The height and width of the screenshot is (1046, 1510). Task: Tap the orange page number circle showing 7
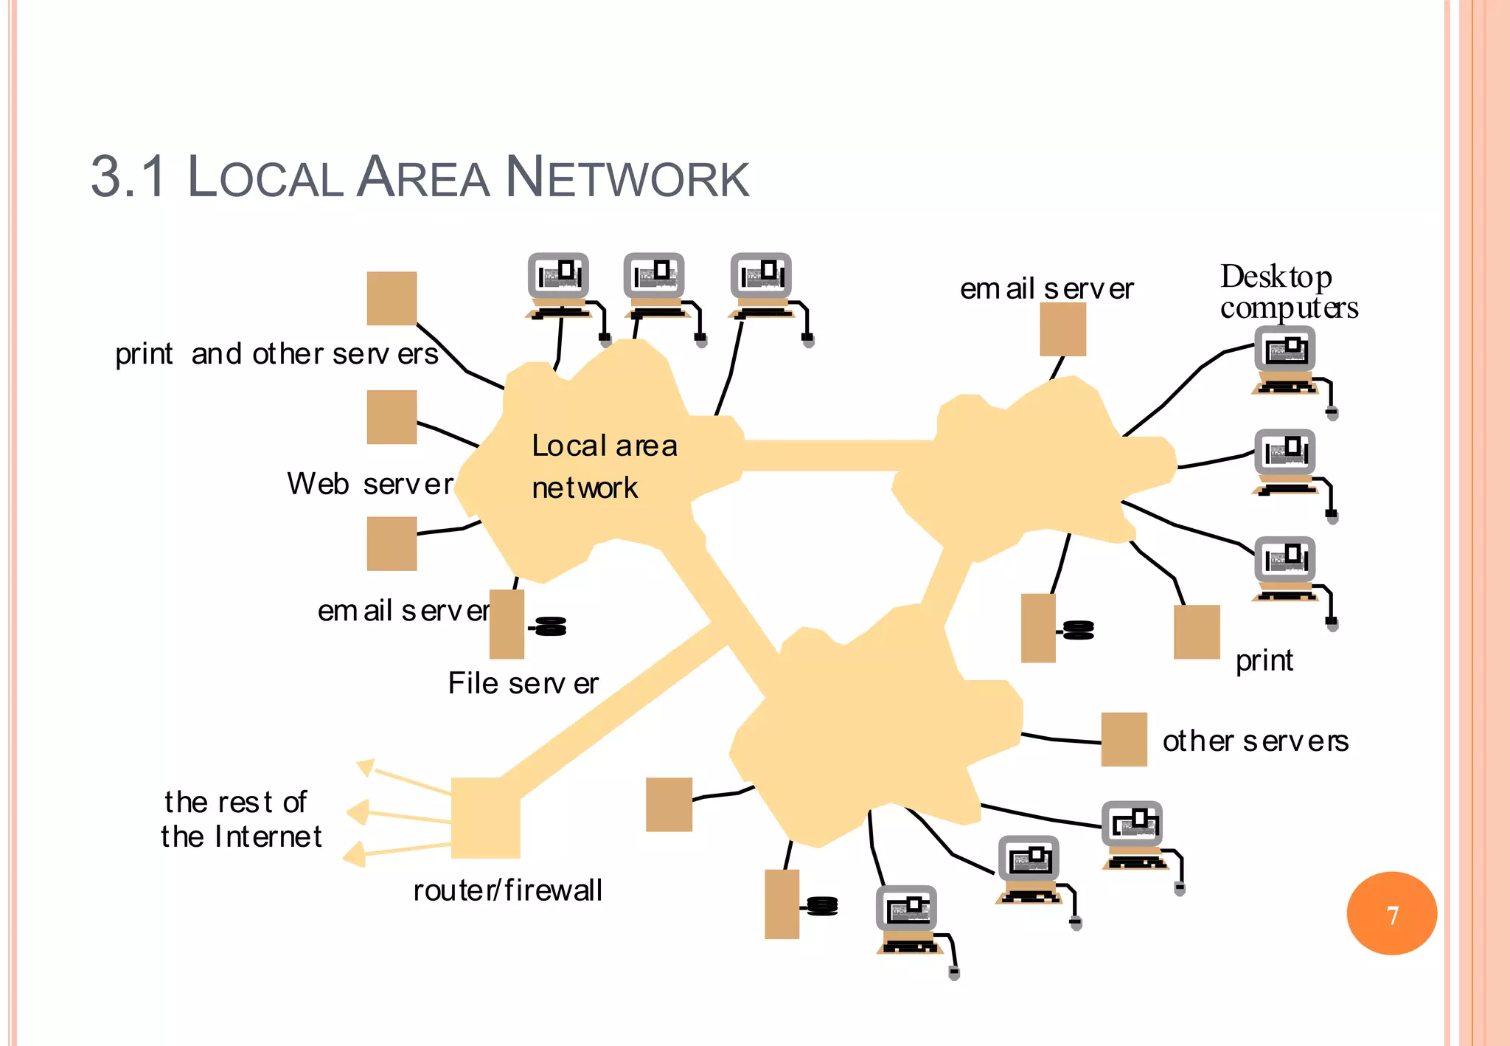coord(1391,913)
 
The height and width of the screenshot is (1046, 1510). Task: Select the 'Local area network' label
coord(604,466)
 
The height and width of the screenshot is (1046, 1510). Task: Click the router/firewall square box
coord(485,817)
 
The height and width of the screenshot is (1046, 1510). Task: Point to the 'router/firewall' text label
coord(507,890)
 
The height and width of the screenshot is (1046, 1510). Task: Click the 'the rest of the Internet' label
coord(241,819)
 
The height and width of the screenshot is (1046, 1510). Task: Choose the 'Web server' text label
coord(369,484)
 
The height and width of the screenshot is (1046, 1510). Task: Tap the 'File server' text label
coord(523,683)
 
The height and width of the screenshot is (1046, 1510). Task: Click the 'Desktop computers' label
coord(1288,291)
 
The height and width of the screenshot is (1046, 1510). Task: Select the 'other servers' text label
coord(1255,741)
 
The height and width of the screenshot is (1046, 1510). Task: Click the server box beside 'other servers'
coord(1124,739)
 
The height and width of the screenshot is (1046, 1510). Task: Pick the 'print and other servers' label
coord(276,354)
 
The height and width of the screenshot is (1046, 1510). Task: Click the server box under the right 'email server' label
coord(1062,329)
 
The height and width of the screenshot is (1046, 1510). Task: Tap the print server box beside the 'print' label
coord(1196,631)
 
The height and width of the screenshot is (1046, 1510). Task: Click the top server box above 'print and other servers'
coord(392,298)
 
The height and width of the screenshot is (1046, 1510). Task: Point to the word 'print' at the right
coord(1264,660)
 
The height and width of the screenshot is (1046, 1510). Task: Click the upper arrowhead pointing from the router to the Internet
coord(366,767)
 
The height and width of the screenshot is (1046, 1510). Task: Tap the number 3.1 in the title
coord(128,178)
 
